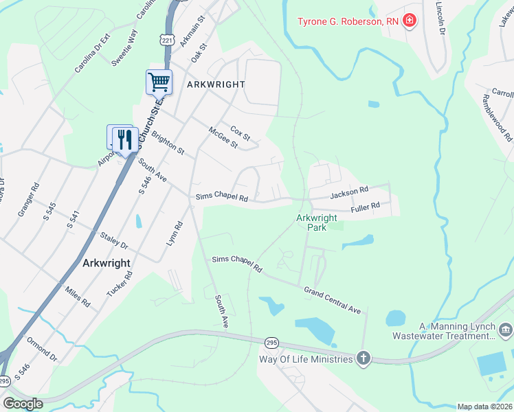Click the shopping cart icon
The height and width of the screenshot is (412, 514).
159,82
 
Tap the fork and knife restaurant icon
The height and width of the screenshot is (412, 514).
124,139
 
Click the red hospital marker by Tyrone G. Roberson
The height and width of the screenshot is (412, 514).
410,21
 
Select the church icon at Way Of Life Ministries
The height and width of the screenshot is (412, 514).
363,358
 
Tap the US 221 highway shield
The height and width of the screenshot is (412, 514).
166,40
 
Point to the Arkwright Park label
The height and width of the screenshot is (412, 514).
316,222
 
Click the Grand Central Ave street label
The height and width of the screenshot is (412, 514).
333,300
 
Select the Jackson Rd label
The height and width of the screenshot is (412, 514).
349,194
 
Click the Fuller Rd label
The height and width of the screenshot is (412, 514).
365,207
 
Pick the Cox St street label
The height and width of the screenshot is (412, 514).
241,130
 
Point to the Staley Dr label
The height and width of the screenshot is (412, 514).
114,240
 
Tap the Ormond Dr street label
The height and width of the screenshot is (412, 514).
43,349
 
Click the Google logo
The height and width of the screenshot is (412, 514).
23,403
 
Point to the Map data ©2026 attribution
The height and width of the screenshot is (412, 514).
484,407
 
